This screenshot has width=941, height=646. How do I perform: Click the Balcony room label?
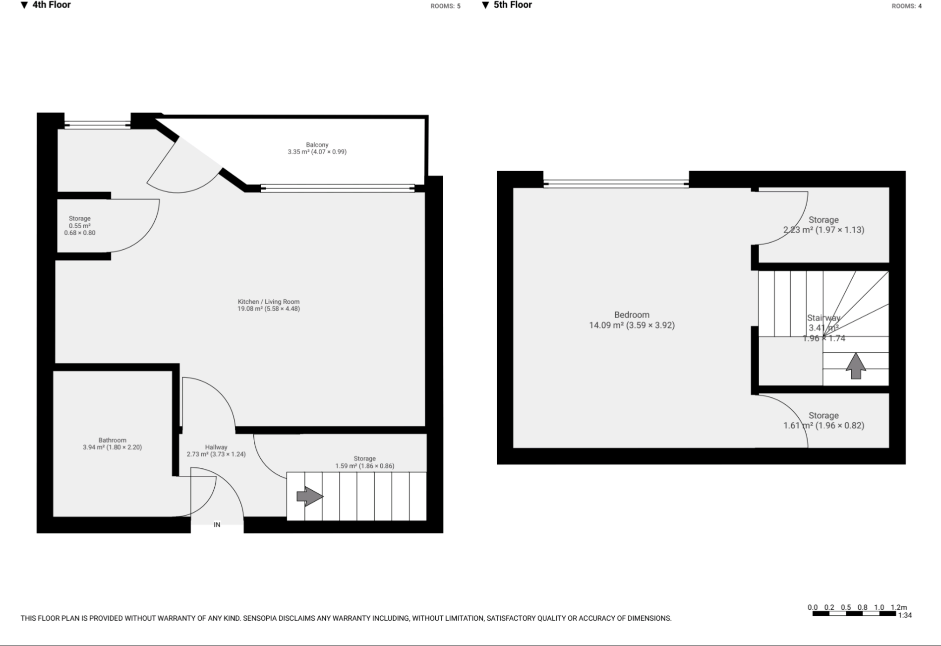317,145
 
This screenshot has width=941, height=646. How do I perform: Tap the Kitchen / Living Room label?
268,302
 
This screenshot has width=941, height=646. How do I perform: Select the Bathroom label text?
112,440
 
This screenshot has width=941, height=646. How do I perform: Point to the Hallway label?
216,447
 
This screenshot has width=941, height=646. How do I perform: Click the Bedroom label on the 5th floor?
632,315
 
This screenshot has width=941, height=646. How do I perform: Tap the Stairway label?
823,318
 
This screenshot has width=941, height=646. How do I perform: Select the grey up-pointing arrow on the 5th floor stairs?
856,366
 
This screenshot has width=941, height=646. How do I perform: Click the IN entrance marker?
217,524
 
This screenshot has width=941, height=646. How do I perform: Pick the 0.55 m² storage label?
79,225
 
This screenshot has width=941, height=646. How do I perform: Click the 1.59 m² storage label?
364,462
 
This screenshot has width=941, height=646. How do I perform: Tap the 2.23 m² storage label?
823,225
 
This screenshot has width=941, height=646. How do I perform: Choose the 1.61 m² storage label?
823,420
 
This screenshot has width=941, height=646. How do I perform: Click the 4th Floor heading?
51,5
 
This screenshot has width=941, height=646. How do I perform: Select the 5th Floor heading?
513,5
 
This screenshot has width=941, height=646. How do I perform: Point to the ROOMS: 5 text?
445,6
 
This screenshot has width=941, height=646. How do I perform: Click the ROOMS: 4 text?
906,6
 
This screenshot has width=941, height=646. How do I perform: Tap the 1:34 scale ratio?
905,615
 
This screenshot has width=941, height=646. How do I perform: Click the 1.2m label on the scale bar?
898,607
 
